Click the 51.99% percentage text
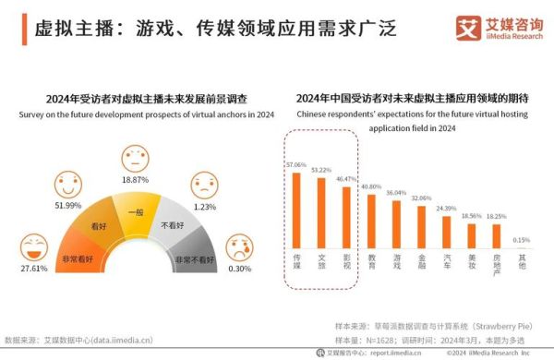click(x=68, y=204)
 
